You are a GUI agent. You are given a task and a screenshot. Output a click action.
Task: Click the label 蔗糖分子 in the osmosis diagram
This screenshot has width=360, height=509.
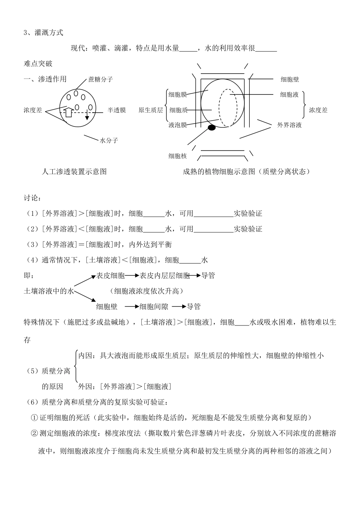pyautogui.click(x=100, y=79)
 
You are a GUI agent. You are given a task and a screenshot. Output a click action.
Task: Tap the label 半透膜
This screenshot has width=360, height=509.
pyautogui.click(x=117, y=110)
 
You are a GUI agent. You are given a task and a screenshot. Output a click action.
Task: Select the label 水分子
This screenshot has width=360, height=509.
pyautogui.click(x=109, y=140)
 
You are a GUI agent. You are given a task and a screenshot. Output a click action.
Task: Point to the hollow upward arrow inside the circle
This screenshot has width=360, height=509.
pyautogui.click(x=68, y=112)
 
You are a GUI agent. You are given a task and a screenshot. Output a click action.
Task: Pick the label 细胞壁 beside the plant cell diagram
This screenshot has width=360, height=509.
pyautogui.click(x=290, y=79)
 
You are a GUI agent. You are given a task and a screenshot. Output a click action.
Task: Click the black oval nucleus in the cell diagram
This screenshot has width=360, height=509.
pyautogui.click(x=211, y=128)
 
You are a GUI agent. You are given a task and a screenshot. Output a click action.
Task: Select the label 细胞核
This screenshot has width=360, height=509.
pyautogui.click(x=178, y=156)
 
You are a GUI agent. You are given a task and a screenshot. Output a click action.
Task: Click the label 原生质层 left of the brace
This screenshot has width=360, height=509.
pyautogui.click(x=150, y=110)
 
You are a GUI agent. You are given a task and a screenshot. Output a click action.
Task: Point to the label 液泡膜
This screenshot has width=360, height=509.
pyautogui.click(x=178, y=125)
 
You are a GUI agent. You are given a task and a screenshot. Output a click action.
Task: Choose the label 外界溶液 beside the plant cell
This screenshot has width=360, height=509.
pyautogui.click(x=290, y=125)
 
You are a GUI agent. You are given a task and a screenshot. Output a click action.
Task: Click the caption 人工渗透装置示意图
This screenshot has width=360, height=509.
pyautogui.click(x=74, y=171)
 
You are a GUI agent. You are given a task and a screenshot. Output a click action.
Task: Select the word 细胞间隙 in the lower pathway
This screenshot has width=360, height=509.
pyautogui.click(x=154, y=306)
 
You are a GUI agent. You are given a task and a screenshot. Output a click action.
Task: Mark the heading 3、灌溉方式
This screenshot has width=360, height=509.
pyautogui.click(x=43, y=33)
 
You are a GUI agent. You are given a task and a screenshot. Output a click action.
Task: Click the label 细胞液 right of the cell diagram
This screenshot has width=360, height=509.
pyautogui.click(x=290, y=94)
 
